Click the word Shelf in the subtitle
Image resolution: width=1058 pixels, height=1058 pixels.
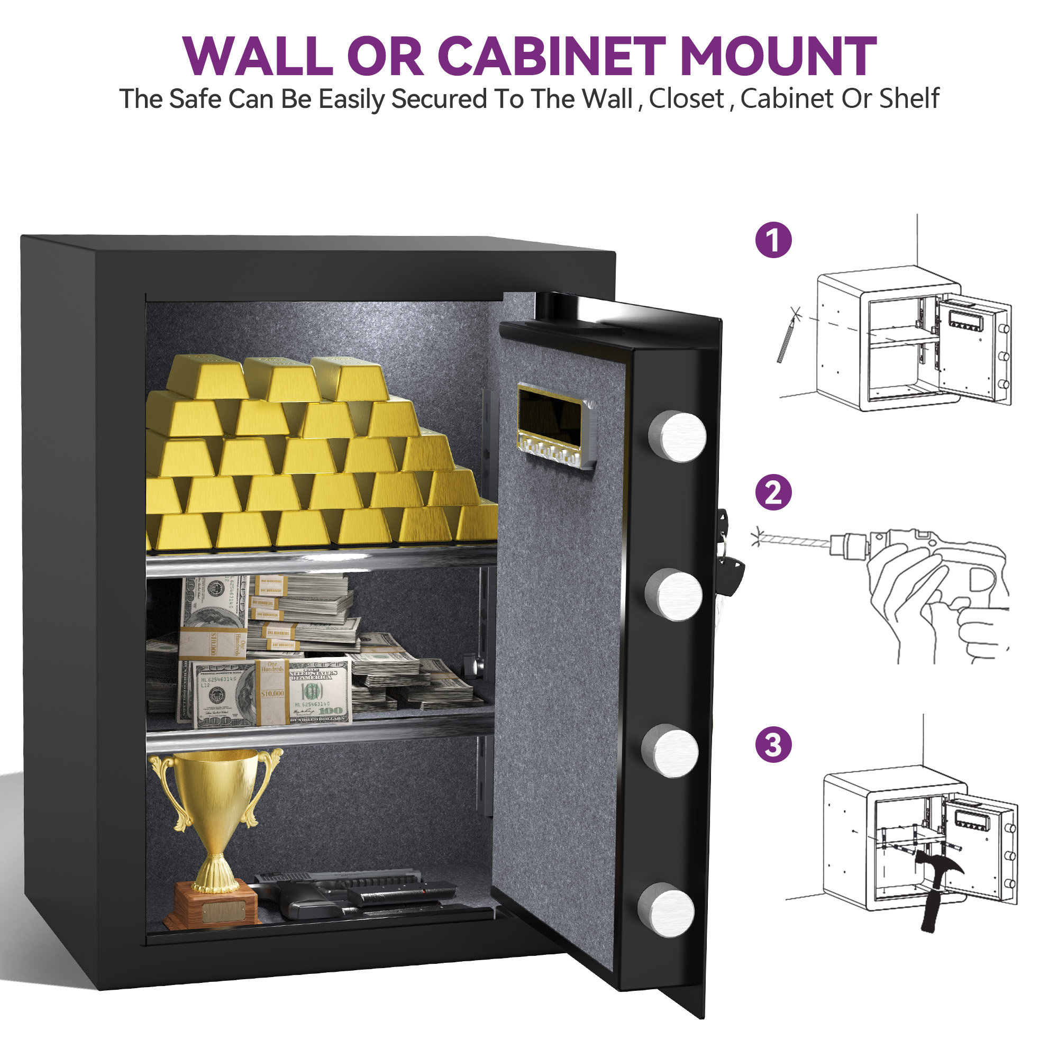point(909,99)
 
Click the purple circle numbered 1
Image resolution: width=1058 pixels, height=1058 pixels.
point(773,240)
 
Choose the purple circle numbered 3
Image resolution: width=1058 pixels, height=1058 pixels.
point(773,745)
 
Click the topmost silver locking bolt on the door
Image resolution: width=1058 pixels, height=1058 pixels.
point(678,436)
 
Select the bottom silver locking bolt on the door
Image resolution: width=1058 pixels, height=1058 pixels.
point(667,909)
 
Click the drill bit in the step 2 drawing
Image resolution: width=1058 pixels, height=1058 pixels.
point(794,542)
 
